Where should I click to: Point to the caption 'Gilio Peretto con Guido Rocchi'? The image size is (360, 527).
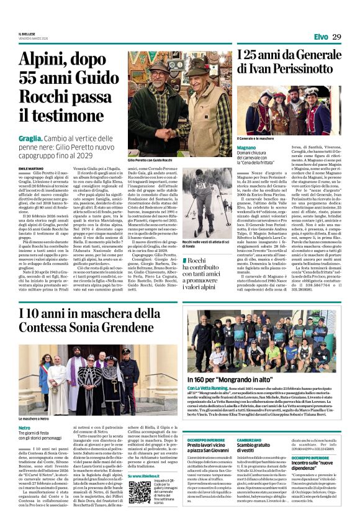[151, 160]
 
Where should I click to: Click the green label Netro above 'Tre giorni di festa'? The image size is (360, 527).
[24, 412]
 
